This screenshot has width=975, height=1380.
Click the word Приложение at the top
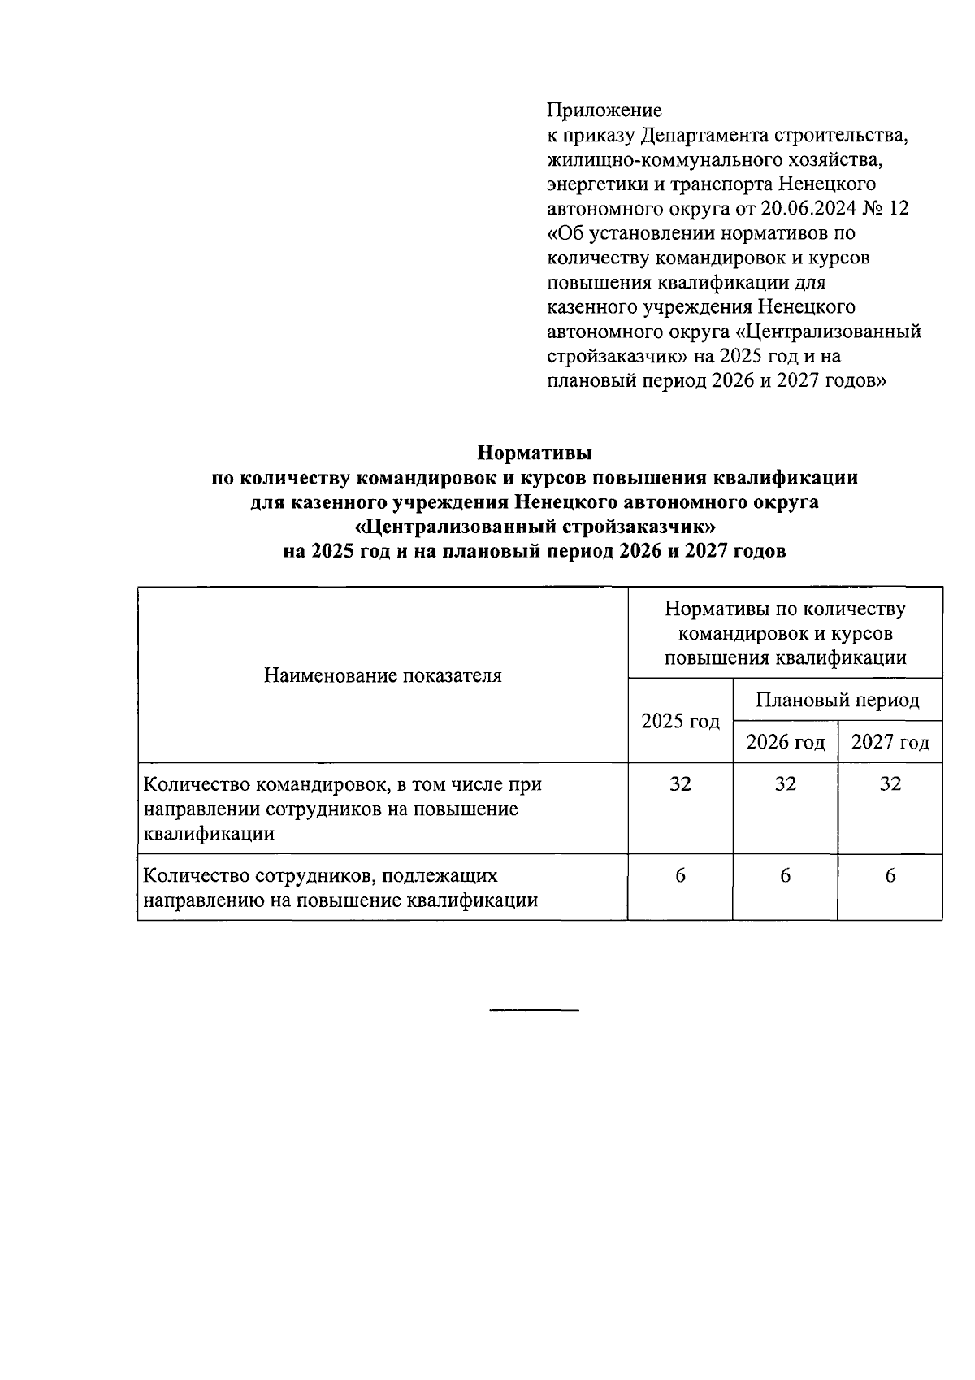click(604, 110)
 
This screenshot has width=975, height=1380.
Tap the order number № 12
click(887, 209)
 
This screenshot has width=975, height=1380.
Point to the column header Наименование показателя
click(383, 675)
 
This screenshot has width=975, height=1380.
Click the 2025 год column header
click(681, 721)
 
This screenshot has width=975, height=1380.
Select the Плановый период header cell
click(838, 700)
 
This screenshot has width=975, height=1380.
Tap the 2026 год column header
click(786, 742)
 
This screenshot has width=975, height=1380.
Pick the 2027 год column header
click(890, 742)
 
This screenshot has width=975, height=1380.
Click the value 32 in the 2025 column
click(681, 784)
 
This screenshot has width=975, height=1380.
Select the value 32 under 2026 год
click(786, 784)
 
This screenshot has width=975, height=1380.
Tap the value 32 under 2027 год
click(890, 784)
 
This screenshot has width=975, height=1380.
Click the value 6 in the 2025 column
click(681, 876)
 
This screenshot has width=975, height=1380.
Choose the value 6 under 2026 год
click(786, 876)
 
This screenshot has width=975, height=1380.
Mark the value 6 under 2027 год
click(890, 876)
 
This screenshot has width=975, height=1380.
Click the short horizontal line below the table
click(535, 1010)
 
